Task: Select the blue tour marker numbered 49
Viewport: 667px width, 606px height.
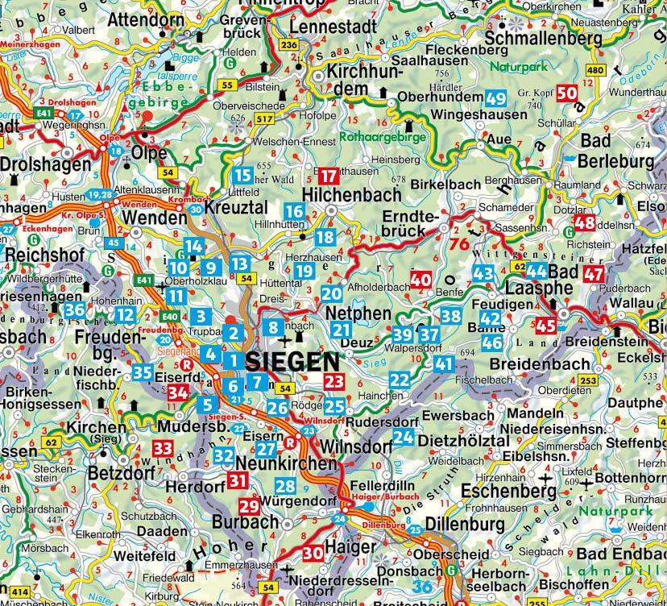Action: click(495, 99)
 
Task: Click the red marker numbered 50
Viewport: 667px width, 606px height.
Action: click(568, 93)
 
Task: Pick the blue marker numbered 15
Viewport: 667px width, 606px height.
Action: click(242, 174)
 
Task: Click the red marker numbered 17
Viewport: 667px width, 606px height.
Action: click(328, 176)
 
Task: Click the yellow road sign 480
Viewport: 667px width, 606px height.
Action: click(596, 71)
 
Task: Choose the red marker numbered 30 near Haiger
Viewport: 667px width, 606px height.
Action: click(313, 552)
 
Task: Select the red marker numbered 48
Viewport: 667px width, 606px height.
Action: click(585, 223)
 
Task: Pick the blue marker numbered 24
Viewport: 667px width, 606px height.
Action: click(403, 438)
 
